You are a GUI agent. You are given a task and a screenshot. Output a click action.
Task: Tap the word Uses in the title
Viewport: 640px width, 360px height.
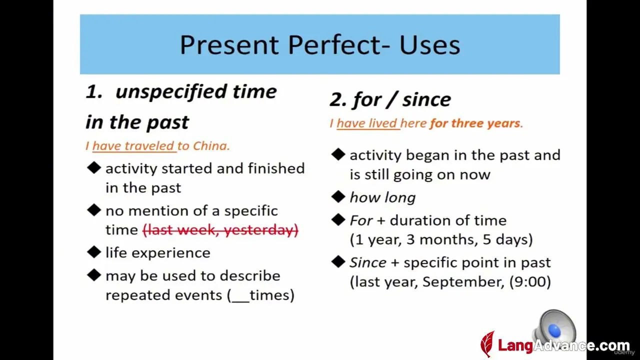pyautogui.click(x=429, y=45)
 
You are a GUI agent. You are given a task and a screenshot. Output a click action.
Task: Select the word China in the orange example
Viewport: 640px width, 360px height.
pyautogui.click(x=210, y=146)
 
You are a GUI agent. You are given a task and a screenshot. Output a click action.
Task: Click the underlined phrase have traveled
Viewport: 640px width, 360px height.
pyautogui.click(x=133, y=146)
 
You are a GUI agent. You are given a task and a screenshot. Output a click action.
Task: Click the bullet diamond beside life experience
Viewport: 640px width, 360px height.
pyautogui.click(x=94, y=252)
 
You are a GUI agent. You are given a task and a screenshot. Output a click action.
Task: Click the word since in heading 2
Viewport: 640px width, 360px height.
pyautogui.click(x=426, y=99)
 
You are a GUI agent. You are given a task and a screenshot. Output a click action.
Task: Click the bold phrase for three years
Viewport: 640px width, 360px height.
pyautogui.click(x=475, y=123)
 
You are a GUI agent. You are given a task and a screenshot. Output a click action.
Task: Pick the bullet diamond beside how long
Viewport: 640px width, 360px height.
pyautogui.click(x=338, y=196)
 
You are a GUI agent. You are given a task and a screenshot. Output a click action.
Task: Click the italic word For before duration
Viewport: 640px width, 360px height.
pyautogui.click(x=361, y=220)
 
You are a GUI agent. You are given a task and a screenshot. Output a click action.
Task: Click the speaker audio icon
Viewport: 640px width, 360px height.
pyautogui.click(x=554, y=327)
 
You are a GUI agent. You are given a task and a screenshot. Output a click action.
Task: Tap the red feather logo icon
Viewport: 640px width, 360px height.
pyautogui.click(x=487, y=344)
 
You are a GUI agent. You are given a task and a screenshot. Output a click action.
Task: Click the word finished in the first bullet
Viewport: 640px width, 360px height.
pyautogui.click(x=276, y=168)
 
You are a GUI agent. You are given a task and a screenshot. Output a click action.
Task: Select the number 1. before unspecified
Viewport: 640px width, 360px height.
pyautogui.click(x=94, y=92)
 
